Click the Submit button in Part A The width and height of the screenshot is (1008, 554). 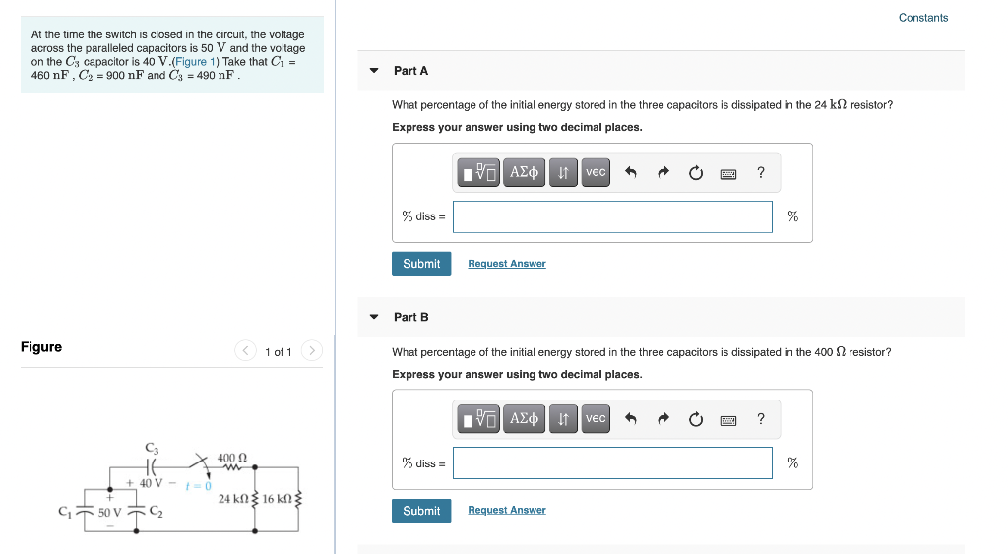[421, 264]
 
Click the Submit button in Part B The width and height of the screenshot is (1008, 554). [421, 511]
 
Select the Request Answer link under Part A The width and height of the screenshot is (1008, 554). [506, 264]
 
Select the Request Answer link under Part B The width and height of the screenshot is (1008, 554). [506, 511]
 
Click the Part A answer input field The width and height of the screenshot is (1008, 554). [612, 217]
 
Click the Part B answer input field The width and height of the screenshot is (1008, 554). [612, 463]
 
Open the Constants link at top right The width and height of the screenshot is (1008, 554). [922, 18]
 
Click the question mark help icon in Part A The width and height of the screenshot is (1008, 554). [761, 173]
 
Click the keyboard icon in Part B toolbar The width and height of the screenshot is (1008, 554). [728, 420]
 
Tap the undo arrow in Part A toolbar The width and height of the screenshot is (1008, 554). [631, 173]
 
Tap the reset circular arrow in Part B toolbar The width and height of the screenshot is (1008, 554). [696, 420]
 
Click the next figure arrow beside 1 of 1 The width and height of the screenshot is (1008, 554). [311, 351]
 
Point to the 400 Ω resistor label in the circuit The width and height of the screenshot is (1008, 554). [231, 458]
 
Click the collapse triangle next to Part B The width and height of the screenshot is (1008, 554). [374, 317]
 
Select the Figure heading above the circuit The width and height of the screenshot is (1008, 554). [41, 347]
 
